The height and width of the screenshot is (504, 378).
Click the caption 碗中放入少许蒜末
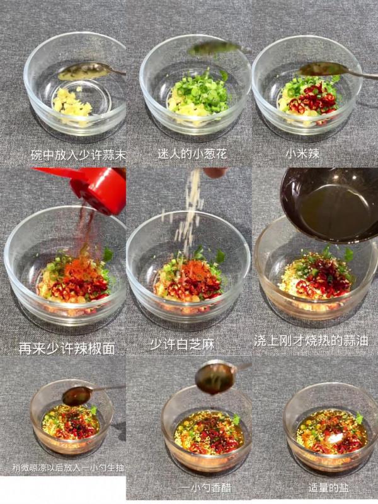(x=78, y=154)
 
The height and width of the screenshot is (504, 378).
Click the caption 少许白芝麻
(x=185, y=344)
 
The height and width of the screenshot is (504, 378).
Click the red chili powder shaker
(x=94, y=187)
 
